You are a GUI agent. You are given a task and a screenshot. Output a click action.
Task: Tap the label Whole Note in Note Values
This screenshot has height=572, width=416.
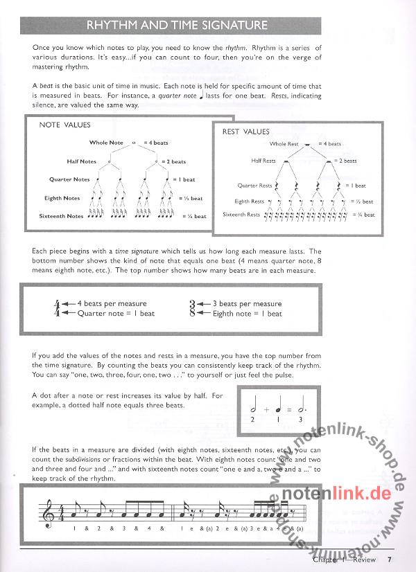tap(106, 143)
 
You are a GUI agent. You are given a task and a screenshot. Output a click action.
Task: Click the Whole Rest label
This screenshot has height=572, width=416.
tap(284, 144)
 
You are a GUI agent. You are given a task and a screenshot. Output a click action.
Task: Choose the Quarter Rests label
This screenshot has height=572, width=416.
tap(255, 186)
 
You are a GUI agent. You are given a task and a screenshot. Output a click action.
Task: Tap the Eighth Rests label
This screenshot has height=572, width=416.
tap(250, 202)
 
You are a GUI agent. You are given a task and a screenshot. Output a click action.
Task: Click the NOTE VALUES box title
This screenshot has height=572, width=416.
tap(64, 125)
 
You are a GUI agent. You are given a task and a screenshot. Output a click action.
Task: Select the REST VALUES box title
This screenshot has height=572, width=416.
tap(246, 131)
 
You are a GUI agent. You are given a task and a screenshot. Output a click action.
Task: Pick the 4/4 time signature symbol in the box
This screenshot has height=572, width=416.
tap(56, 308)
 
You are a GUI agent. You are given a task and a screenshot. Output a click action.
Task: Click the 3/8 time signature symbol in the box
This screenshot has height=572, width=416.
tap(193, 308)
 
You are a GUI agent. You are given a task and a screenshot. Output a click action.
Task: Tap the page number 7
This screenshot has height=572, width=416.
tap(390, 560)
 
